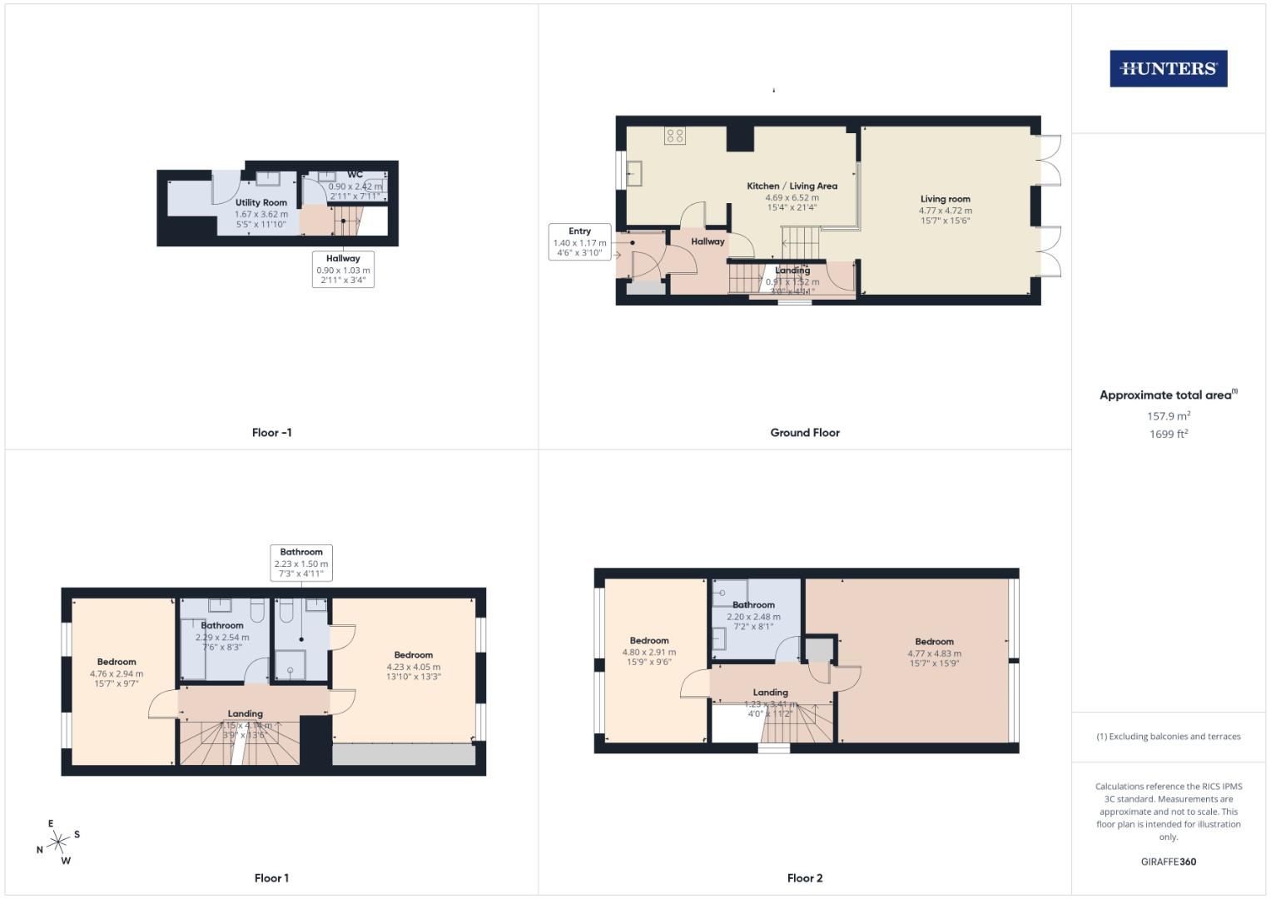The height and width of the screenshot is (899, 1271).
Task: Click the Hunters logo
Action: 1168,68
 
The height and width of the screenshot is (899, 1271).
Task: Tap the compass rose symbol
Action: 57,842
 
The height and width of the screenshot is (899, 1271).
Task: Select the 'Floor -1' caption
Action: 271,433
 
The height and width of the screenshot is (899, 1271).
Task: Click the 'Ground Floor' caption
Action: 804,433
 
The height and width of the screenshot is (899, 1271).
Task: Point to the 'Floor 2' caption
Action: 804,878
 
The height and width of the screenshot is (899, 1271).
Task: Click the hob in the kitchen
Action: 675,136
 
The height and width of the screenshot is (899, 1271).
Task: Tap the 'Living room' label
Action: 945,199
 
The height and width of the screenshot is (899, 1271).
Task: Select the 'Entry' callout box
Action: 579,242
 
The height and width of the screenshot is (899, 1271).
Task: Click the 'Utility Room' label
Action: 261,202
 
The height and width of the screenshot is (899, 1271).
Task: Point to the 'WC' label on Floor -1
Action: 355,175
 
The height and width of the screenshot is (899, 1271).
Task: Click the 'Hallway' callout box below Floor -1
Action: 343,270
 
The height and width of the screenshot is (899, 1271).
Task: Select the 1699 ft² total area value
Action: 1168,434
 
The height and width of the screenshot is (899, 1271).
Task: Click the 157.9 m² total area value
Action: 1168,415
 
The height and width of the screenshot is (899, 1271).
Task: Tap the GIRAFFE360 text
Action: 1168,862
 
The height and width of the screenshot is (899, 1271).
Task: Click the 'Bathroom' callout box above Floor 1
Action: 301,564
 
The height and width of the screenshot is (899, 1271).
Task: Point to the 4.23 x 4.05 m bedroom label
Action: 413,666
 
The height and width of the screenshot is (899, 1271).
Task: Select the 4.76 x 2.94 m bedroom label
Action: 117,673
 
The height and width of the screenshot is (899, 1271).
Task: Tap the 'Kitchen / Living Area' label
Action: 792,186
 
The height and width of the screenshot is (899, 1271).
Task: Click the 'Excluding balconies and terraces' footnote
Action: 1168,737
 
